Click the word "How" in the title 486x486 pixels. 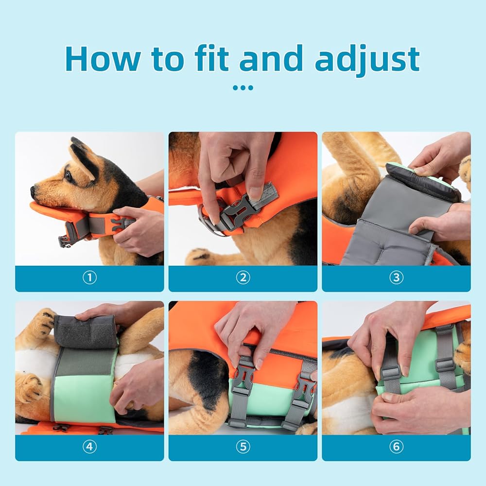tap(103, 59)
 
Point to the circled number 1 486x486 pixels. tap(89, 278)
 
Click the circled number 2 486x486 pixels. tap(243, 278)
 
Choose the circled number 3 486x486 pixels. tap(397, 278)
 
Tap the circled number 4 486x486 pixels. tap(89, 447)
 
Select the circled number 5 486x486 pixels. tap(243, 447)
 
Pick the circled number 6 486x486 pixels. tap(397, 447)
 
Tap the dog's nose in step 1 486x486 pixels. tap(33, 190)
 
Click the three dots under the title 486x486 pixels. tap(243, 87)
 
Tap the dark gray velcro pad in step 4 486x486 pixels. tap(86, 331)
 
